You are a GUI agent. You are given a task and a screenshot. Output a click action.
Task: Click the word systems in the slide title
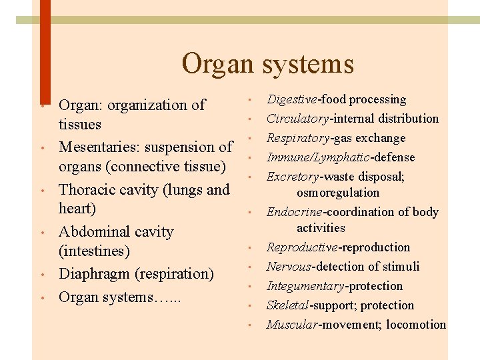coord(307,65)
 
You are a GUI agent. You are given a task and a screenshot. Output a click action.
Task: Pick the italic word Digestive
coord(292,99)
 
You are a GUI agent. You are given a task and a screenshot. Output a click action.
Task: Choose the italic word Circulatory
coord(297,119)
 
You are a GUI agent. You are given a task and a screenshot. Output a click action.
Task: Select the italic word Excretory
coord(293,177)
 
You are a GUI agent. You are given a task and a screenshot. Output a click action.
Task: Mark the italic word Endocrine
coord(294,212)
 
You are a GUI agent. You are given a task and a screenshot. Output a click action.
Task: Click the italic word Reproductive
coord(302,247)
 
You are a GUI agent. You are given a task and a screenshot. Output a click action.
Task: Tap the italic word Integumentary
coord(305,286)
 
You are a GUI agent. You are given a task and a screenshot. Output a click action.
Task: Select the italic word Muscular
coord(291,325)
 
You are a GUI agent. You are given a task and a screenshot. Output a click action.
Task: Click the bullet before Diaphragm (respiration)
coord(41,275)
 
